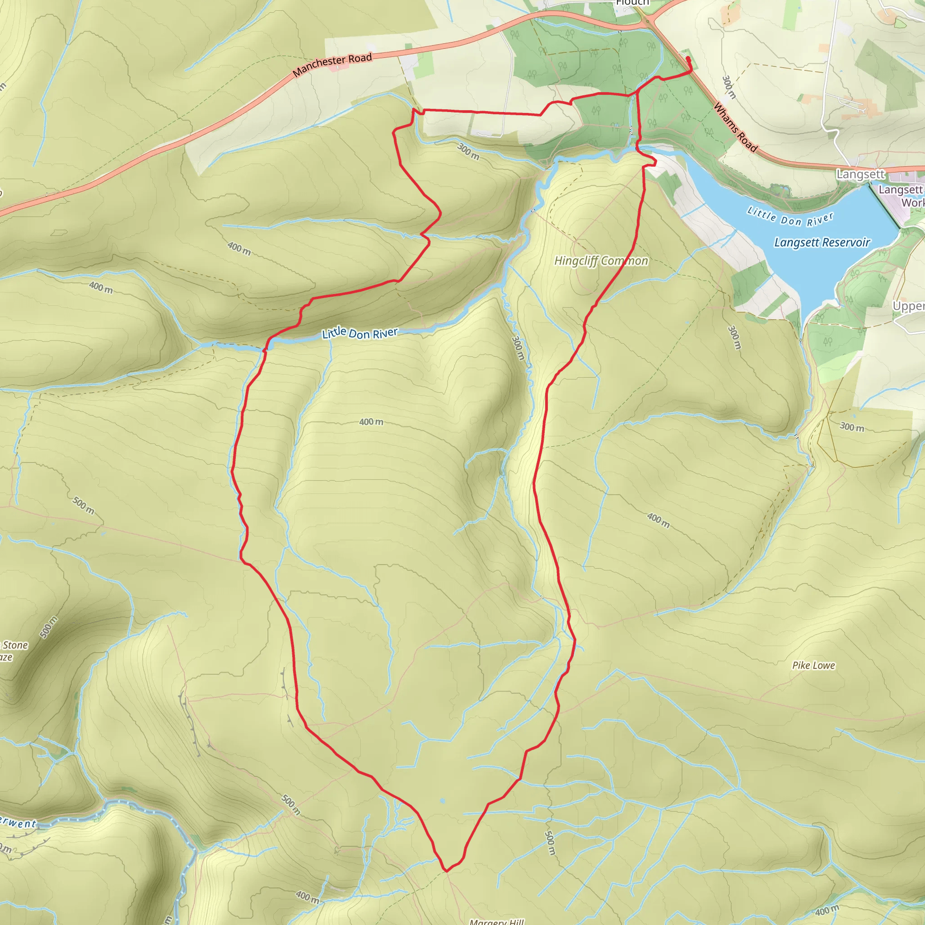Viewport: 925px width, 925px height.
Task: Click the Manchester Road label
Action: pos(332,65)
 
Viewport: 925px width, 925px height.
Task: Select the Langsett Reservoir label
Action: pos(822,243)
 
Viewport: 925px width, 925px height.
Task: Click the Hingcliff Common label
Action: pos(601,261)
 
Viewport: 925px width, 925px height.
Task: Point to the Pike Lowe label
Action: pos(813,665)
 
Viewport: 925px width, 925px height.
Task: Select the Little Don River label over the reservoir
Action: pos(790,219)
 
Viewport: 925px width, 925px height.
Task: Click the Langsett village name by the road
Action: pos(860,174)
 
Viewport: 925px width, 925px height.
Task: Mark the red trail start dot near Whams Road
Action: pos(688,58)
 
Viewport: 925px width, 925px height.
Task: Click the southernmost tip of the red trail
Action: pos(446,870)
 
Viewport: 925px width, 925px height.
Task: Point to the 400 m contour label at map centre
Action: pos(371,422)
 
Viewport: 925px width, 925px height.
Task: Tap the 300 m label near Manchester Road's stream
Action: pos(468,151)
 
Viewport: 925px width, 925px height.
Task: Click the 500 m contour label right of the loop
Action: pos(550,843)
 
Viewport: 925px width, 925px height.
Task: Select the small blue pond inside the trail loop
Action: pos(442,800)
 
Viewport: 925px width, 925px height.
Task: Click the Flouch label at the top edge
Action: pos(632,3)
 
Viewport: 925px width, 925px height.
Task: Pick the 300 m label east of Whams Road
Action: pos(728,87)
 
